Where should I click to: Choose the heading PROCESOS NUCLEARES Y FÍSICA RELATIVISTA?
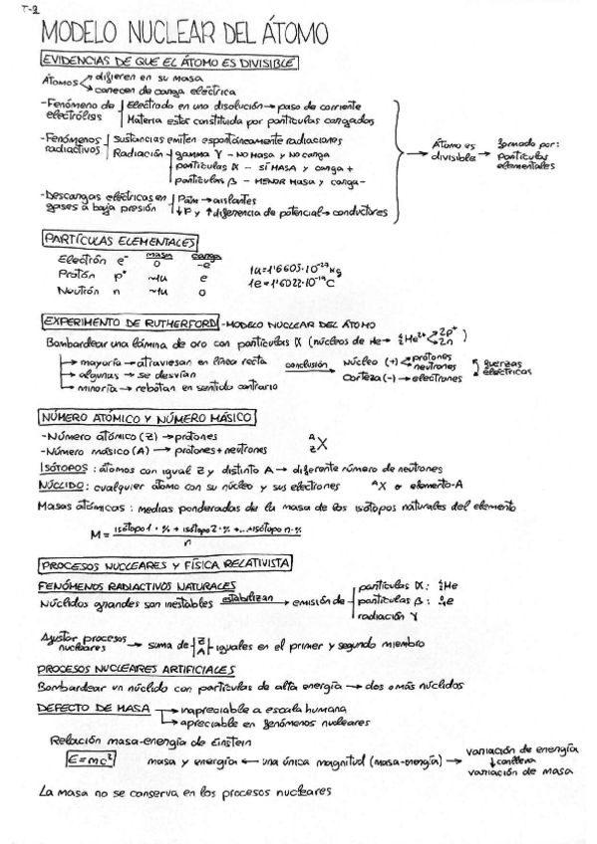(x=165, y=562)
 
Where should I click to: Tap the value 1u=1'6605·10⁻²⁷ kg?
(x=297, y=269)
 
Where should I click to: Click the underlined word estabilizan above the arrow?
(x=245, y=600)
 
